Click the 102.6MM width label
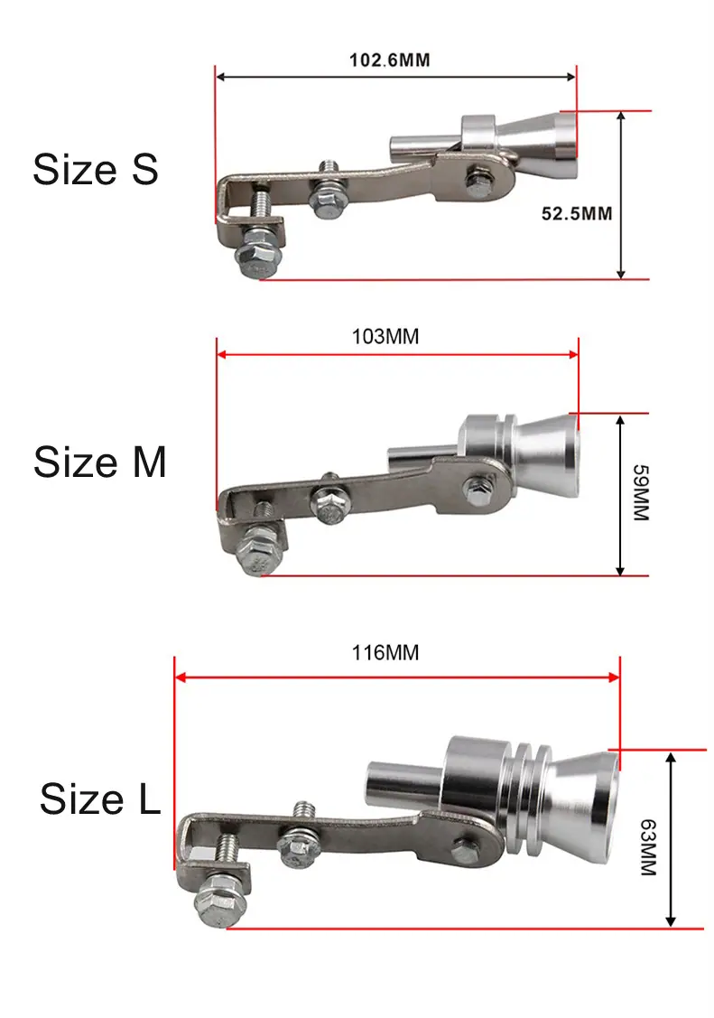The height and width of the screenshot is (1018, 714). [x=390, y=61]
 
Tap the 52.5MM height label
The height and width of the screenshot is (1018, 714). [x=577, y=213]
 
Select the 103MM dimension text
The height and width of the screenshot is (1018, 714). [x=385, y=336]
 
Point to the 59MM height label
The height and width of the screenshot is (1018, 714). [x=640, y=492]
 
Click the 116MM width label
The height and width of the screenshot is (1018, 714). [x=385, y=652]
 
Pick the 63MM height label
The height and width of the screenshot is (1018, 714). [x=648, y=847]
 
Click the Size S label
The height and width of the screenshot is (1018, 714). [x=96, y=170]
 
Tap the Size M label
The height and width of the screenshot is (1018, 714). [x=100, y=462]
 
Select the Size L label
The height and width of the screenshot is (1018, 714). [x=100, y=798]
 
